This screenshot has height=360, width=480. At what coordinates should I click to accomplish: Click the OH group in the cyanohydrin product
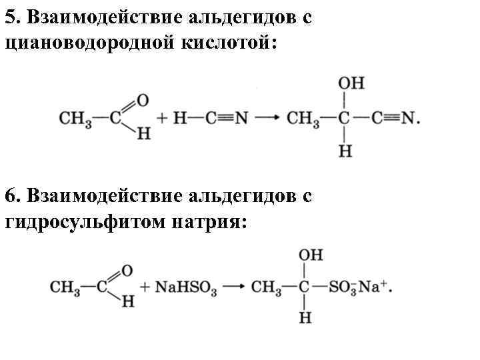tap(351, 84)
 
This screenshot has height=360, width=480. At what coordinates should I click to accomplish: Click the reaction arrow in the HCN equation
tap(266, 119)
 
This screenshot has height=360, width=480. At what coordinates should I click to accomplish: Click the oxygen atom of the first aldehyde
tap(141, 101)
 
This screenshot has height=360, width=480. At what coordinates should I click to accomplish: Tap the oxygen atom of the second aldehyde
tap(127, 271)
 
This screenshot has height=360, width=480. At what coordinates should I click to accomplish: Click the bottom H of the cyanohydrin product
tap(345, 152)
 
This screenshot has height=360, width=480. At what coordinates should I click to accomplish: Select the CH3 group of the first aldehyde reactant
tap(75, 119)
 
